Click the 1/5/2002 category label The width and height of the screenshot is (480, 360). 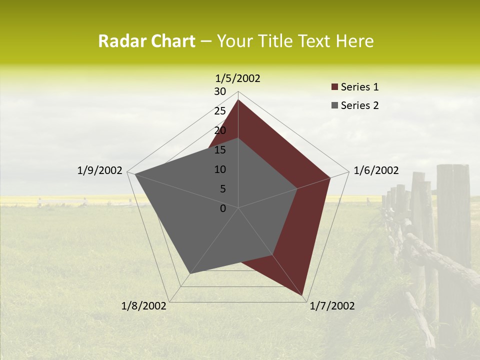coord(238,78)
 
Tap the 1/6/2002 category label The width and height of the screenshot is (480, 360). coord(376,170)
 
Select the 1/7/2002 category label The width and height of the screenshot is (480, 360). coord(332,306)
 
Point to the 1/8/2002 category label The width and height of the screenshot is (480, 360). coord(144,306)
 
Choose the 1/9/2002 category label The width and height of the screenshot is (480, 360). coord(100,170)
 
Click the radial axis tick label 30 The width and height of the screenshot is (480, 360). coord(220,91)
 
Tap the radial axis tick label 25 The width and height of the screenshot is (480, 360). coord(220,111)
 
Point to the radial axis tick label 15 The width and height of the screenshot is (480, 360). coord(220,150)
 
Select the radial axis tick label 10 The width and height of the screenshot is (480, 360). coord(220,169)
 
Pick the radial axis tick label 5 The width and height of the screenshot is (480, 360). coord(222,189)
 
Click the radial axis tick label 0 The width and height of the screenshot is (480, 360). coord(223,208)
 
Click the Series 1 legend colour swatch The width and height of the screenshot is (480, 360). coord(334,87)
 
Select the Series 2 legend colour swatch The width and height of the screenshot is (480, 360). coord(334,105)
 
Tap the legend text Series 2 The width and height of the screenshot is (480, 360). coord(359,105)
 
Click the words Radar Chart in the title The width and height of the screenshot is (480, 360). coord(146,41)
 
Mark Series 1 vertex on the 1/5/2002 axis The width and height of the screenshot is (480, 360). coord(238,99)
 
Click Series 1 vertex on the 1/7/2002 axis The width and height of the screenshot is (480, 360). coord(303,296)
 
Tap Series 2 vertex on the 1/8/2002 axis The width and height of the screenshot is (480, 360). coord(190,273)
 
